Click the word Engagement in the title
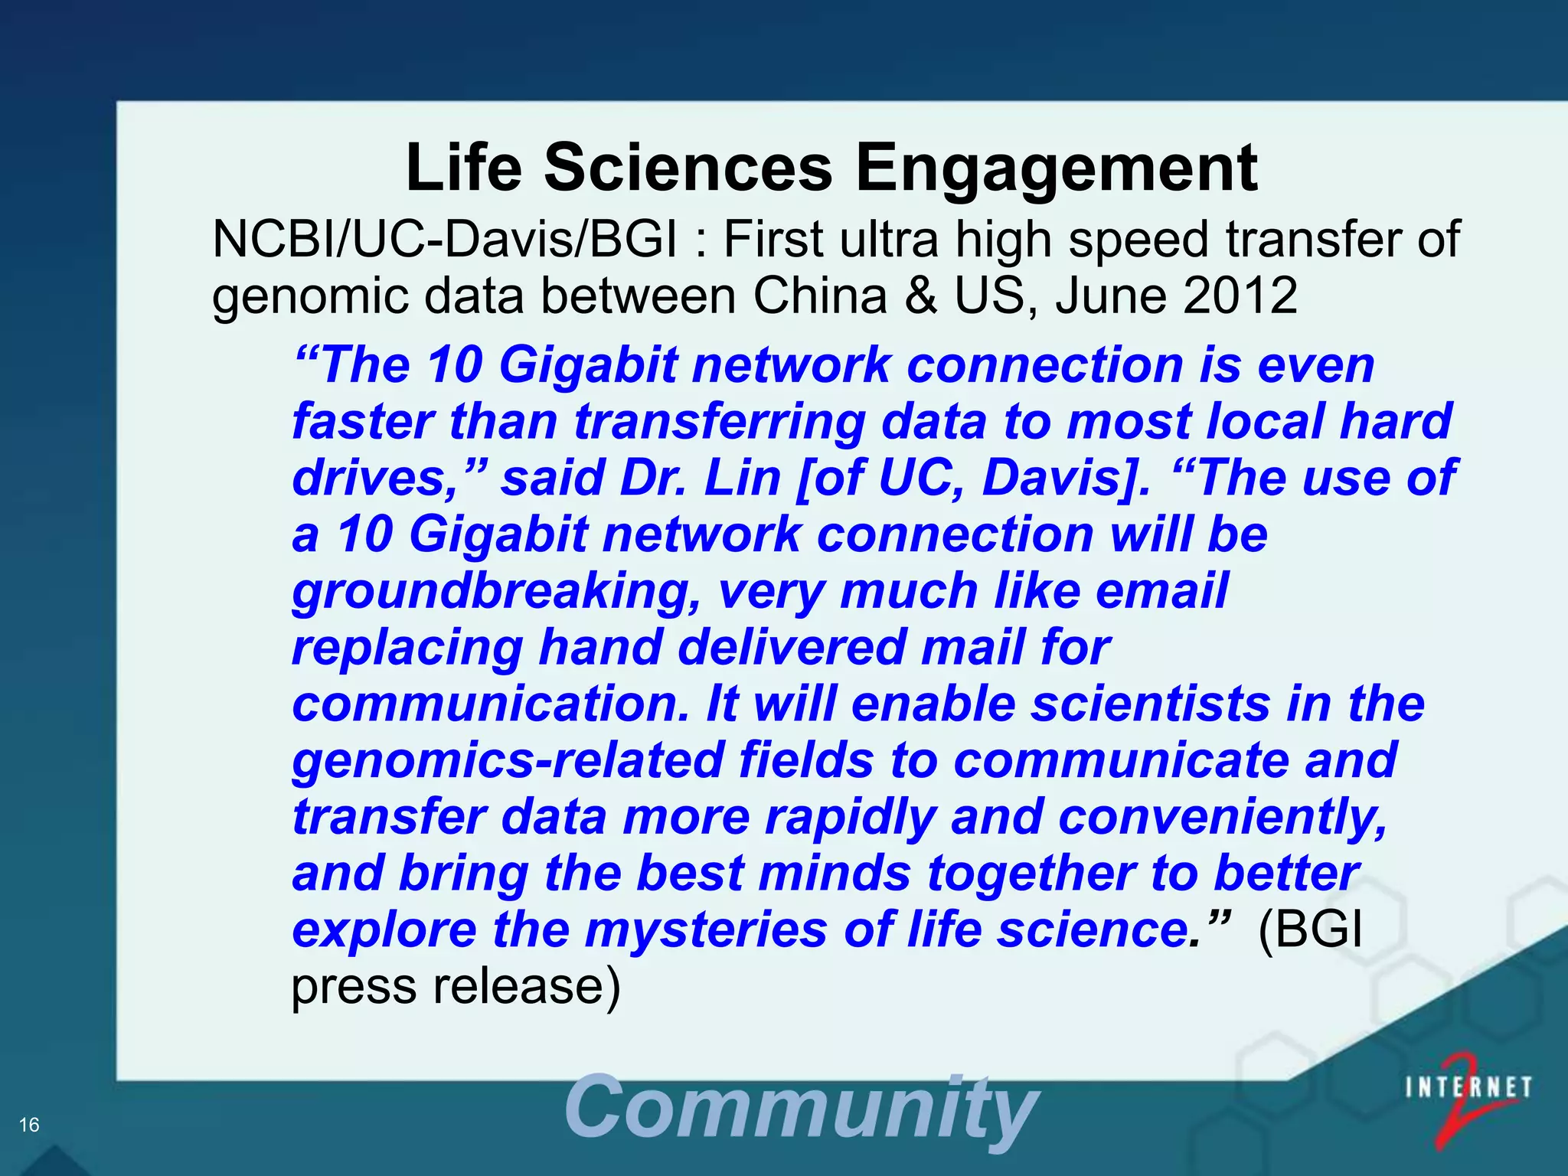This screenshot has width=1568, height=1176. pos(1056,170)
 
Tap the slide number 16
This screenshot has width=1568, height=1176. pos(29,1125)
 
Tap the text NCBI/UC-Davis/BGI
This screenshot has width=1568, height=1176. pos(445,239)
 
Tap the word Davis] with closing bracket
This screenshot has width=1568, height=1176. pos(1066,478)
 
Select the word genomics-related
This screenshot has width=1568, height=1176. pos(508,761)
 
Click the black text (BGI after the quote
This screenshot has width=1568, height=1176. pos(1310,930)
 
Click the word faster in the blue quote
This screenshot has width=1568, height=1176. pos(363,421)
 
